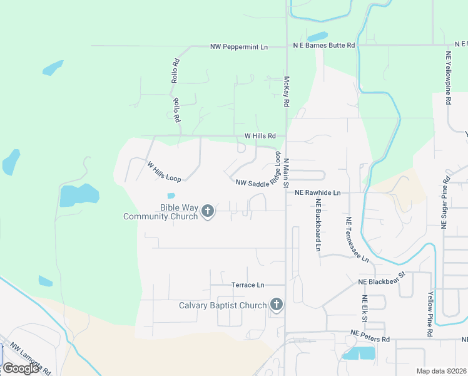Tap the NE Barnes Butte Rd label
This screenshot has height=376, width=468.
(x=324, y=46)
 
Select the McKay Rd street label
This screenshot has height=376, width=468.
(x=287, y=91)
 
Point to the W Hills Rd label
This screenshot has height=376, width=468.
(x=260, y=136)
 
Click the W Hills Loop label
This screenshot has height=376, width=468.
(x=164, y=172)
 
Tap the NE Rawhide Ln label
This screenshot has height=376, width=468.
(x=317, y=193)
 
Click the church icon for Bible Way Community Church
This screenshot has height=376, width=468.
(x=208, y=212)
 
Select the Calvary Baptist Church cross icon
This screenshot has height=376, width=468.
(x=276, y=305)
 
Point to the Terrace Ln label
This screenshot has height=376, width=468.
(x=248, y=285)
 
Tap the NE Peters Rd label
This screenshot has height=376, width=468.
(x=370, y=336)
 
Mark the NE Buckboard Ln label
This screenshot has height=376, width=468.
(x=318, y=226)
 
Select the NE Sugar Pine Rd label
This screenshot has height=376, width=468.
(x=446, y=202)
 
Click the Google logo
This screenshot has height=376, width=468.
(x=21, y=368)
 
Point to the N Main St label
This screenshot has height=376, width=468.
(x=287, y=174)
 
